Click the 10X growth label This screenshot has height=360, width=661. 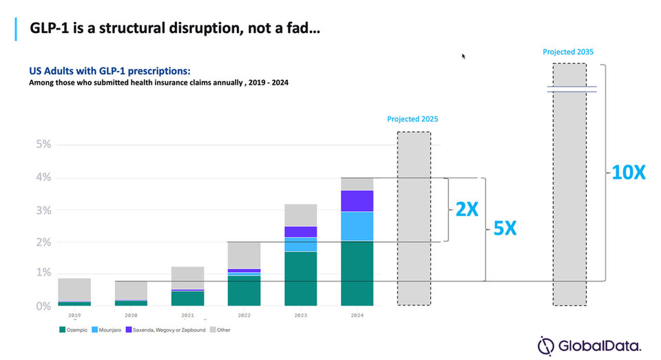point(628,172)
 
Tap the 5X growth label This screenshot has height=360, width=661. point(505,229)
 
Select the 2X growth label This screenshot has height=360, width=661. point(467,209)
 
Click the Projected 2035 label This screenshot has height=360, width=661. point(568,52)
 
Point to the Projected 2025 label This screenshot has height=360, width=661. point(412,119)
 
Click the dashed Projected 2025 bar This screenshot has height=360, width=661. point(414,218)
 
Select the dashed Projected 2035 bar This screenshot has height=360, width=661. point(569,184)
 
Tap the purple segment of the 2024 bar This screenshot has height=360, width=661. point(357,201)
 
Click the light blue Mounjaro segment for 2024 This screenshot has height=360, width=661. point(357,226)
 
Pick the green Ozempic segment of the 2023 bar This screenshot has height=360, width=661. point(301,279)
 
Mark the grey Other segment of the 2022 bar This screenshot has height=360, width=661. point(244,255)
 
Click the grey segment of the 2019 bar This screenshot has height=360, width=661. point(74,290)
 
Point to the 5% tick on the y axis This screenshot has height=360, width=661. point(43,144)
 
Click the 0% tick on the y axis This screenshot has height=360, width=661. point(43,306)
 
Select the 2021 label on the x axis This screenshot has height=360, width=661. point(187,315)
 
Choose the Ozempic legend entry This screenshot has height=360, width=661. point(74,330)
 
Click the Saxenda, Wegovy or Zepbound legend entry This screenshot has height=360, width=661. point(166,330)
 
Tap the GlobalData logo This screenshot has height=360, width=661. point(589,346)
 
